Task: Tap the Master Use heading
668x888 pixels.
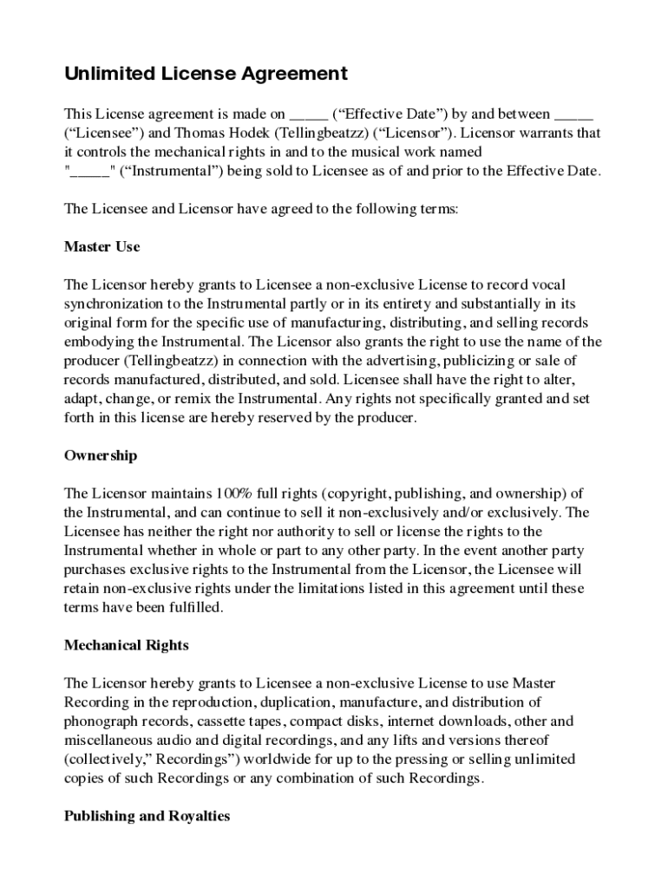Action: click(102, 246)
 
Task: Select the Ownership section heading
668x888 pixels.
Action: click(101, 455)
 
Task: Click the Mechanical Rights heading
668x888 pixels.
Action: click(126, 645)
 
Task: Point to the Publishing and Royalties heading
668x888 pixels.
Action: click(147, 816)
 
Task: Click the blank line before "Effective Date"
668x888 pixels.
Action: click(309, 114)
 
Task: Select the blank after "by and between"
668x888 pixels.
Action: click(573, 114)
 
